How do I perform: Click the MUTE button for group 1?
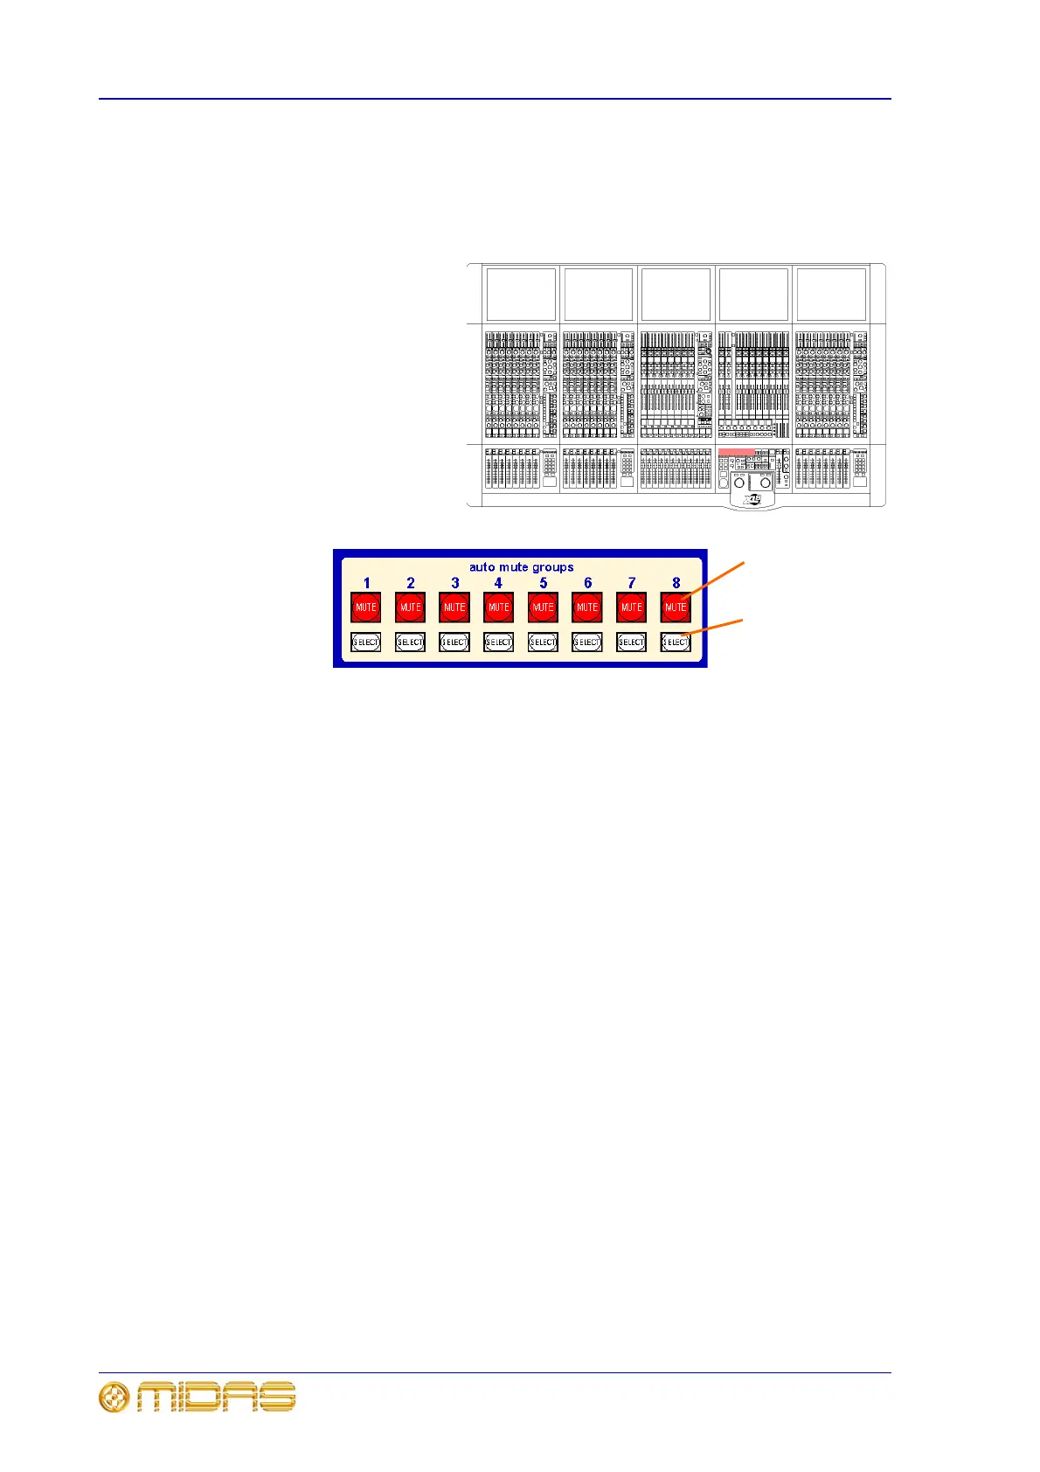pos(366,608)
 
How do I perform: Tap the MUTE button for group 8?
pos(676,608)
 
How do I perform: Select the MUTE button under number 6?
pos(587,608)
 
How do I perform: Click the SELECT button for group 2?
pos(410,642)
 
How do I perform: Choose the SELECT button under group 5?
pos(543,642)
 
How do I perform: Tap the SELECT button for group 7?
pos(631,642)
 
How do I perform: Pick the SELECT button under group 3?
pos(454,642)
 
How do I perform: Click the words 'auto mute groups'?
pos(521,567)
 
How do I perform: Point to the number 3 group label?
pos(454,583)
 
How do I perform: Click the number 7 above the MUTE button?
pos(631,583)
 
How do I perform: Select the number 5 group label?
pos(543,583)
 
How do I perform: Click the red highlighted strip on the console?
pos(736,452)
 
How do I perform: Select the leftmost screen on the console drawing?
pos(521,295)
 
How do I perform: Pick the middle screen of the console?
pos(676,295)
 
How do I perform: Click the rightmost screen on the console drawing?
pos(831,295)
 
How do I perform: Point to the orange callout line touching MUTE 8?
pos(715,580)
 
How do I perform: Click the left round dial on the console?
pos(738,483)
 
